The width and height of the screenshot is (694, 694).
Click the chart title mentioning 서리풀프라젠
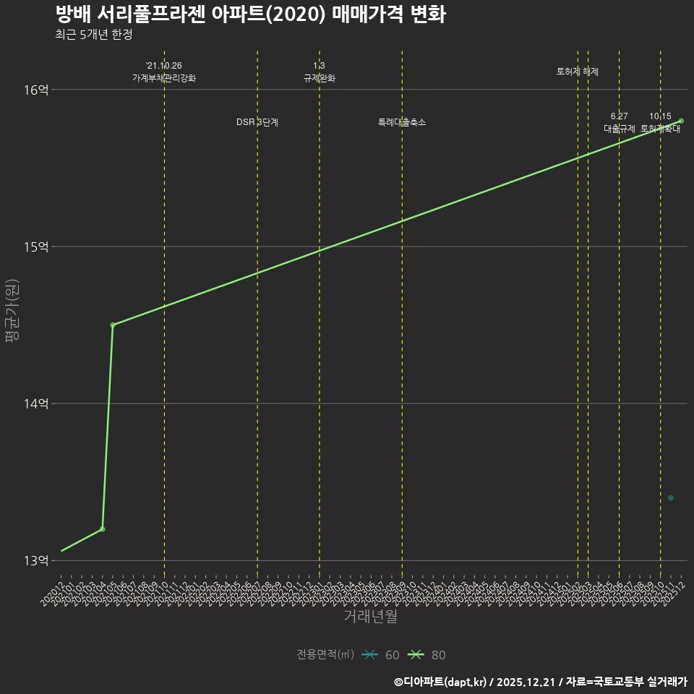pos(250,14)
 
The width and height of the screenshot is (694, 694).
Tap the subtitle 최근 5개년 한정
pos(93,35)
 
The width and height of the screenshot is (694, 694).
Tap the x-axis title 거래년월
pos(370,617)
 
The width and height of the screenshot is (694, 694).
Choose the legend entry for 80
pos(427,655)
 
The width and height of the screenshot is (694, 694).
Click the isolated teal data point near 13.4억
pos(671,497)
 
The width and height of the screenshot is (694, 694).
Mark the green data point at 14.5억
pos(113,325)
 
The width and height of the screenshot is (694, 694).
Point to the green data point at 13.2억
pos(103,529)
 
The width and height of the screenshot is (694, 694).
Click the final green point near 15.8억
pos(681,121)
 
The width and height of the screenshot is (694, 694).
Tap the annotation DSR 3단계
pos(257,122)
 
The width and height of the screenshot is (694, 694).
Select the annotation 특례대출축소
pos(402,122)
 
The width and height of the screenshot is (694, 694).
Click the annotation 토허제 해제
pos(578,72)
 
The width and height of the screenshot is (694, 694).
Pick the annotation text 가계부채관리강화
pos(164,78)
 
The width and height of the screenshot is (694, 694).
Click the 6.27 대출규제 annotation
pos(620,123)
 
